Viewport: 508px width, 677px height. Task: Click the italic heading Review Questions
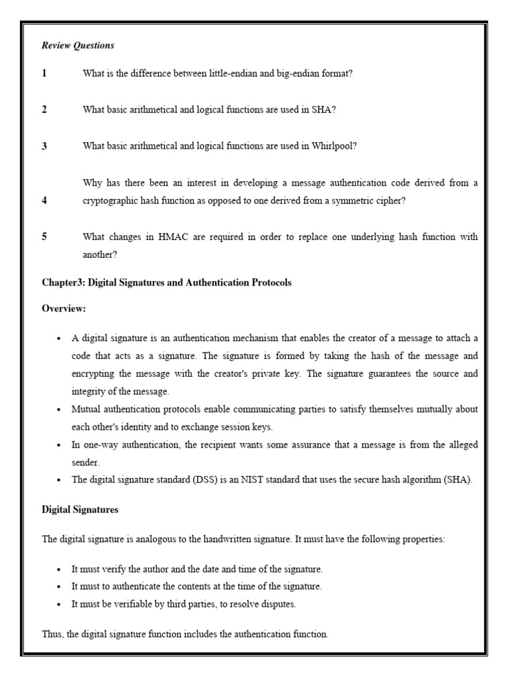[x=78, y=46]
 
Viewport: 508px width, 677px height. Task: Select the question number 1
[x=44, y=73]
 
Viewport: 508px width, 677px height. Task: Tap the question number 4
[x=44, y=200]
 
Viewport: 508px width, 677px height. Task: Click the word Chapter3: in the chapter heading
[x=63, y=282]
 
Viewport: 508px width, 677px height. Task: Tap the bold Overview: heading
[x=63, y=309]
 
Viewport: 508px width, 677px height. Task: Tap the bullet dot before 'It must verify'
[x=59, y=569]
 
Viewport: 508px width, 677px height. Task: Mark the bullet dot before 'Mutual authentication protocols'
[x=59, y=409]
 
